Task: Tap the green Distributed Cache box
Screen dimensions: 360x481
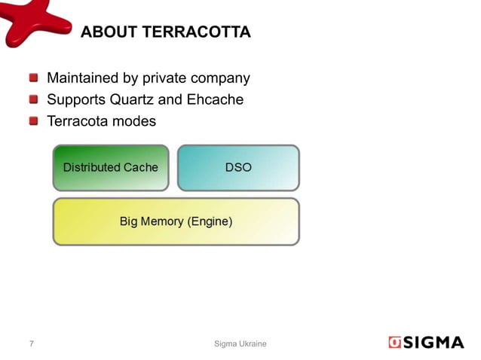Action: pyautogui.click(x=110, y=167)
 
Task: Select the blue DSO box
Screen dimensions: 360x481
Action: pyautogui.click(x=238, y=167)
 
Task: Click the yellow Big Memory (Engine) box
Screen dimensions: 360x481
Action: pyautogui.click(x=176, y=221)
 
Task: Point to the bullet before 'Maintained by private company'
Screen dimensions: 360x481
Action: pyautogui.click(x=34, y=78)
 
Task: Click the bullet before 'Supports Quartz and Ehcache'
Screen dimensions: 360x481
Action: pyautogui.click(x=34, y=99)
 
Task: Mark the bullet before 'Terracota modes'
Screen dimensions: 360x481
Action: pyautogui.click(x=34, y=120)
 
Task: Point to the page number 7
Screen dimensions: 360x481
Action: pyautogui.click(x=31, y=343)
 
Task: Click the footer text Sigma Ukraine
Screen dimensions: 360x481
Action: pyautogui.click(x=240, y=343)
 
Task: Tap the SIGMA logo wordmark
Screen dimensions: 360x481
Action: pyautogui.click(x=435, y=343)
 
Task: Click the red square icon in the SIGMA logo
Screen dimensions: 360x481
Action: pyautogui.click(x=396, y=343)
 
